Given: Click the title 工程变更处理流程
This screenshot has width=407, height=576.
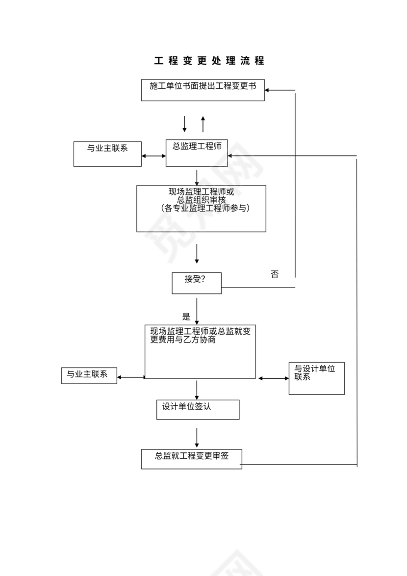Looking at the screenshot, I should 209,61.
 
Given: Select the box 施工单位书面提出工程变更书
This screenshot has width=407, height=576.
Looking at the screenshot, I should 203,90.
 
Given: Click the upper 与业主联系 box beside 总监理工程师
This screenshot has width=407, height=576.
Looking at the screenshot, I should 107,154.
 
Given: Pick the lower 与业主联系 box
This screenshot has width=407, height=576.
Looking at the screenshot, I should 89,375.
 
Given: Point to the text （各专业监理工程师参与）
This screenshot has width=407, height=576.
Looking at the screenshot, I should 201,208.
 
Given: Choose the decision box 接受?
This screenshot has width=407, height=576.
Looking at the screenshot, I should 196,283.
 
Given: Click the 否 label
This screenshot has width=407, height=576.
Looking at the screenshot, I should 275,274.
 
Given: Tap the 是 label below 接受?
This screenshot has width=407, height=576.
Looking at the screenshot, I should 186,316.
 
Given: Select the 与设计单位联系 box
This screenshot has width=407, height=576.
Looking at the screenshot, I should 316,378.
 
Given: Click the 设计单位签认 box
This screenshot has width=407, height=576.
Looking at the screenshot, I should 198,409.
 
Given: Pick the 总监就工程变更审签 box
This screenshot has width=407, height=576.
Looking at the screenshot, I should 191,458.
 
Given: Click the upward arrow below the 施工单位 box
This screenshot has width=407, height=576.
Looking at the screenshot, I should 203,124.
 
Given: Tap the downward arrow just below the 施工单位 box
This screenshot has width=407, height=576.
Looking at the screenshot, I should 185,124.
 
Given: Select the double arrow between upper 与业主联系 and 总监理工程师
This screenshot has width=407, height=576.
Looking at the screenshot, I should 153,157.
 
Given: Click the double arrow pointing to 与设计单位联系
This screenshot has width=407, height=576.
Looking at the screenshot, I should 274,378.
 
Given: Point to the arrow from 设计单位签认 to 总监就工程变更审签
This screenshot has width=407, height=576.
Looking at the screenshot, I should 197,436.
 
